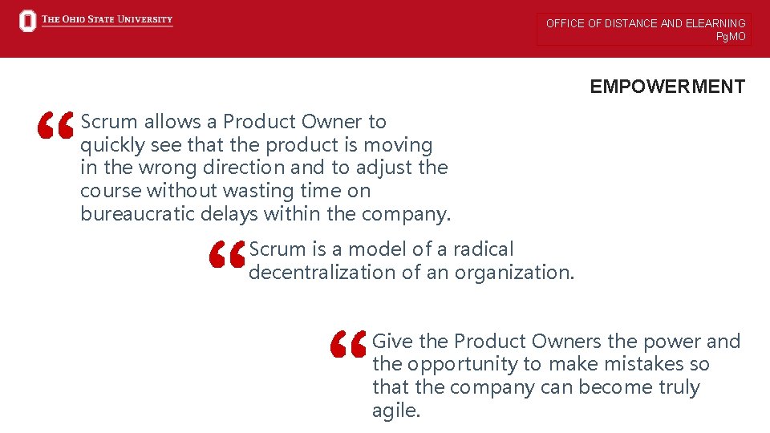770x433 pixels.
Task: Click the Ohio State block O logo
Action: (x=28, y=22)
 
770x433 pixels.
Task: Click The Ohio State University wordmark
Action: (x=107, y=19)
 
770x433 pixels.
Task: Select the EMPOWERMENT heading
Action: (x=667, y=87)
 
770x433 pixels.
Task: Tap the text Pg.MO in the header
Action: (x=731, y=36)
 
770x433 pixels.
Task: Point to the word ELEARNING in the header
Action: (x=715, y=23)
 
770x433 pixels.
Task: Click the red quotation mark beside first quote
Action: (x=56, y=126)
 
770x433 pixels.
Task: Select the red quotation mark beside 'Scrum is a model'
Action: (x=226, y=256)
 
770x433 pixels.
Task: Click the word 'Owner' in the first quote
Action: (x=331, y=122)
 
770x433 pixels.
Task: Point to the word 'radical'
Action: (x=484, y=249)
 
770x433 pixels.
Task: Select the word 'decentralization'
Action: (x=322, y=273)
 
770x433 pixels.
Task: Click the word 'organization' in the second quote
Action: (x=513, y=273)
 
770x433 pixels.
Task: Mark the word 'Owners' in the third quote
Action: (x=568, y=342)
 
